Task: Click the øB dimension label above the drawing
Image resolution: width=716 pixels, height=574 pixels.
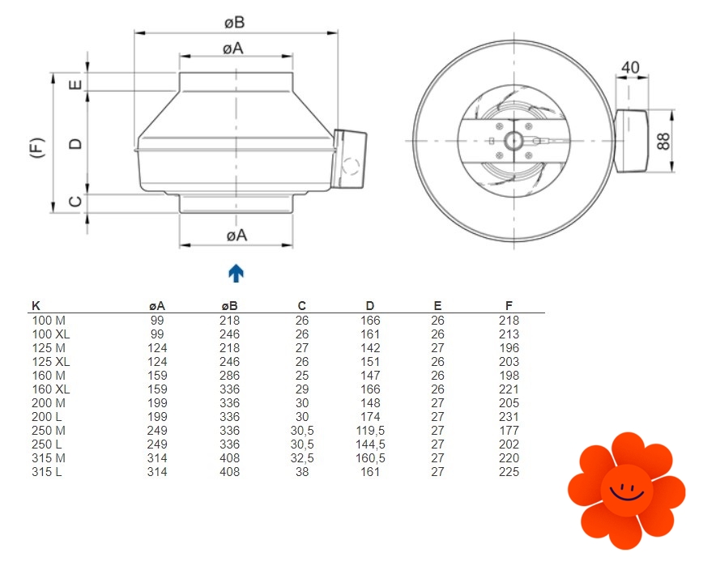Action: (x=235, y=23)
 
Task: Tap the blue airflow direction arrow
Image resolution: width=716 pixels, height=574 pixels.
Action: (x=236, y=273)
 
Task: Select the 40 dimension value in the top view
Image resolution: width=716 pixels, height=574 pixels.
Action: (x=630, y=67)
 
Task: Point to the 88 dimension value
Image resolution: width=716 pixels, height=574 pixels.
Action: (x=663, y=141)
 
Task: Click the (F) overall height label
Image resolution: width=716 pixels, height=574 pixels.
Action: (x=37, y=148)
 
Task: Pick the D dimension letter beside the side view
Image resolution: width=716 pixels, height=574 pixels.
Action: (x=75, y=144)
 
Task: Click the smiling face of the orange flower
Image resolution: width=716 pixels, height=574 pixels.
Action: (x=627, y=491)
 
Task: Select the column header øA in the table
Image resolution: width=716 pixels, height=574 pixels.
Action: (x=157, y=306)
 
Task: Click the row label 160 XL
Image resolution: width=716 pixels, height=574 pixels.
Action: (x=51, y=389)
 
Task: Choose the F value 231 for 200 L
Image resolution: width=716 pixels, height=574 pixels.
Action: (x=509, y=417)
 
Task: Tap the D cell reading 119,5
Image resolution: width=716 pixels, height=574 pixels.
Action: (x=370, y=430)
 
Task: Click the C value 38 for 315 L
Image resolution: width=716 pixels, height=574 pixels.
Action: (x=302, y=472)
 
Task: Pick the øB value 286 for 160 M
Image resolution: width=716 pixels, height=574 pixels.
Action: (x=229, y=376)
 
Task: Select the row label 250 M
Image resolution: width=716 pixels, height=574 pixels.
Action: (x=49, y=430)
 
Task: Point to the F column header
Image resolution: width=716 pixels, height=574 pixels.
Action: (x=509, y=306)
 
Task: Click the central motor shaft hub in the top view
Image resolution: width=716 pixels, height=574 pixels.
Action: (x=514, y=140)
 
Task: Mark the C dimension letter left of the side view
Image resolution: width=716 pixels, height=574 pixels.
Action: (x=75, y=202)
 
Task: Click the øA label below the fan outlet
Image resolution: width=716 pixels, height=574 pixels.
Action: (x=237, y=236)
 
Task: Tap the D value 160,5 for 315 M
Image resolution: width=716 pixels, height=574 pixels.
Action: (x=370, y=458)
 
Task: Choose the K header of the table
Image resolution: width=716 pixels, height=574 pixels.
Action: (x=36, y=306)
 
